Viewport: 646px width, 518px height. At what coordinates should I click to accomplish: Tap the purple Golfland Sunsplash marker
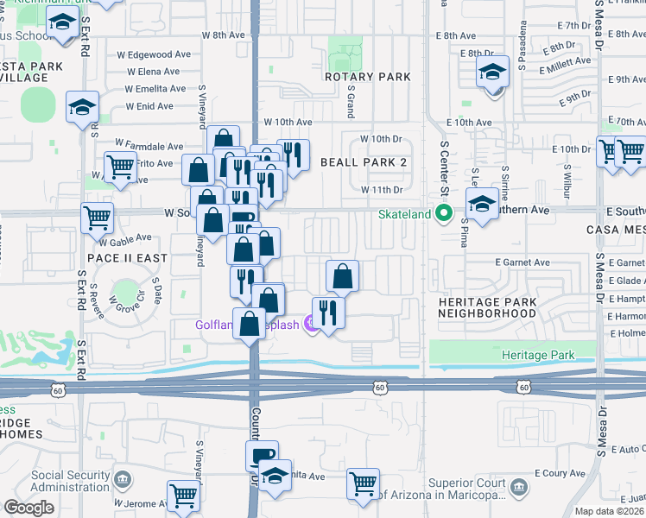coord(307,325)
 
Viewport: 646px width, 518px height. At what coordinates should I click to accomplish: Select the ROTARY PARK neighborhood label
coord(368,77)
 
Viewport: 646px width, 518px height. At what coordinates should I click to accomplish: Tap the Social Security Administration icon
coord(122,477)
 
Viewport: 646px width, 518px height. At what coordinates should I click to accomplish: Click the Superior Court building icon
coord(518,488)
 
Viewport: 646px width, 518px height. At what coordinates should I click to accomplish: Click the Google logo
coord(28,508)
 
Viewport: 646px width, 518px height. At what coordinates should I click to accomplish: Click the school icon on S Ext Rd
coord(82,107)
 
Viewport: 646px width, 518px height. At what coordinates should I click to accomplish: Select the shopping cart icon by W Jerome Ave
coord(184,496)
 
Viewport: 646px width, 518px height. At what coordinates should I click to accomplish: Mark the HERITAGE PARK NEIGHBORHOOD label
coord(487,307)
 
